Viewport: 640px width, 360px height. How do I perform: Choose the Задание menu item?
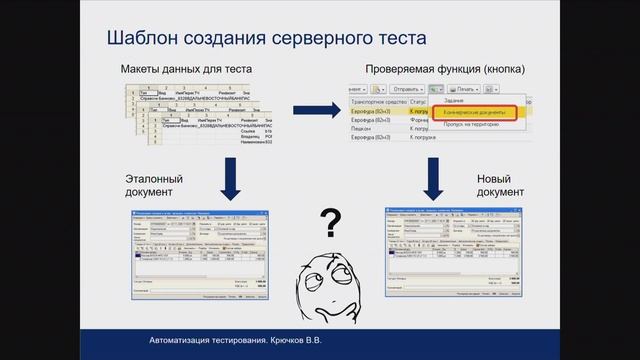pos(455,101)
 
